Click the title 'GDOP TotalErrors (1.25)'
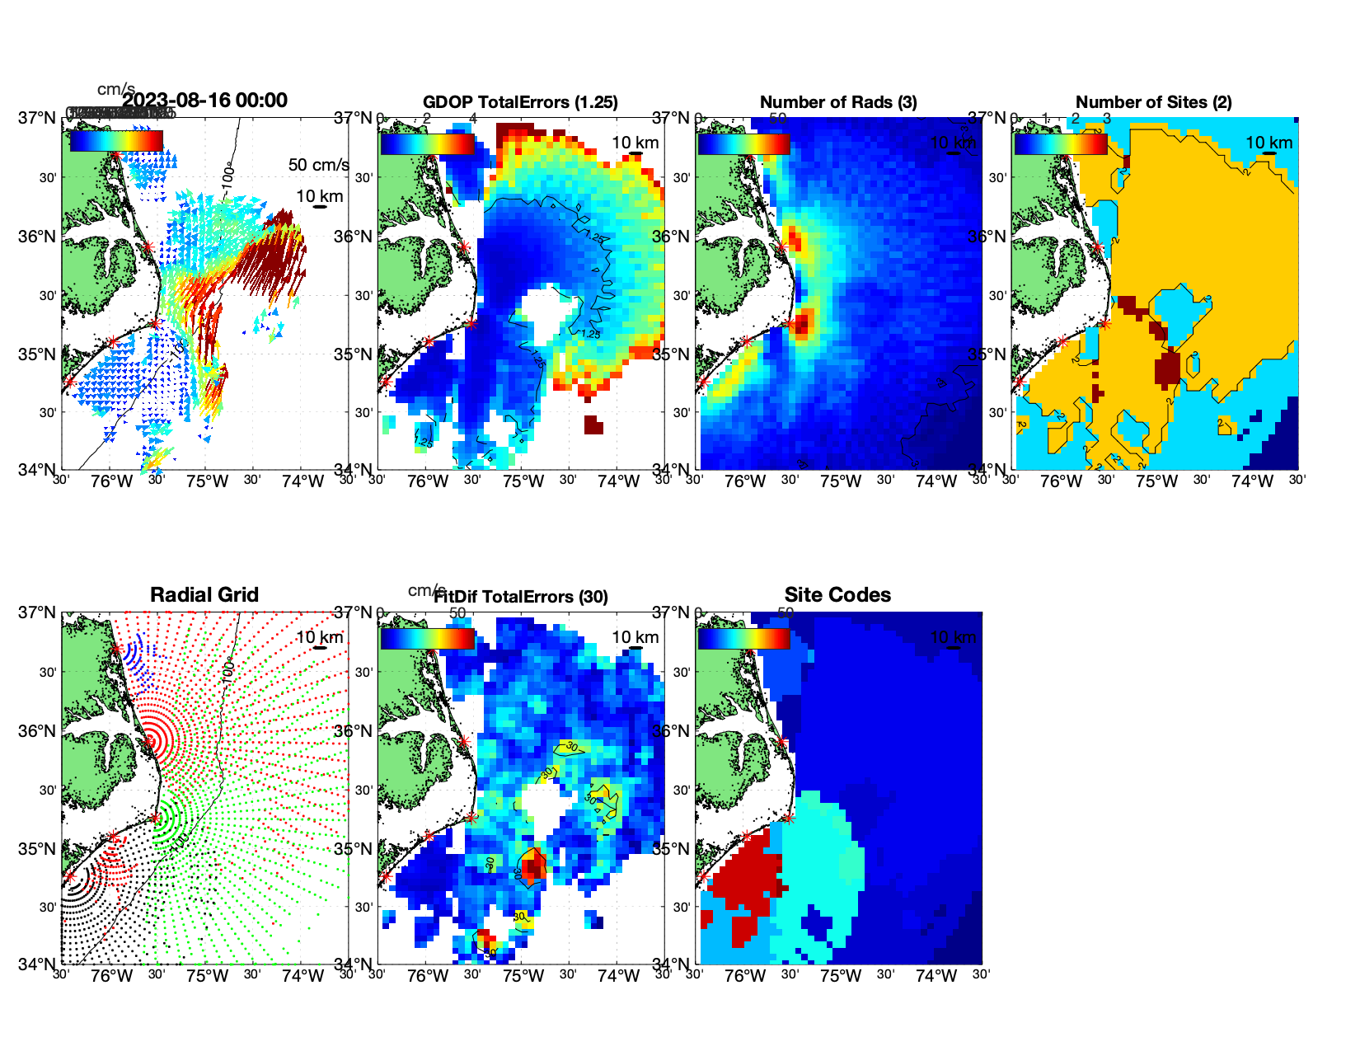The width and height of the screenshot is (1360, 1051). pos(520,102)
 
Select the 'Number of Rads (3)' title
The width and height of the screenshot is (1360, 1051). pos(838,102)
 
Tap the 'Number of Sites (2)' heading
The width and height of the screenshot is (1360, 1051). pos(1154,102)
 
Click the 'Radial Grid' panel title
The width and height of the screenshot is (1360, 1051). pos(204,595)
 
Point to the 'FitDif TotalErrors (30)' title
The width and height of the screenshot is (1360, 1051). pos(521,597)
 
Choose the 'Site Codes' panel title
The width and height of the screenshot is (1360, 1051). pos(837,595)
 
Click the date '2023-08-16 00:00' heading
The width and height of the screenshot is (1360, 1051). pos(204,101)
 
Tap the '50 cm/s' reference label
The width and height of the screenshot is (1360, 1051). pos(318,165)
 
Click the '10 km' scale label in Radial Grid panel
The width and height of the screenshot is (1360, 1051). pos(319,637)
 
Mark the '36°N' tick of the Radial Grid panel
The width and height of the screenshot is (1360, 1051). pos(38,731)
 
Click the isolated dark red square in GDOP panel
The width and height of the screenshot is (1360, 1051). pos(593,425)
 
